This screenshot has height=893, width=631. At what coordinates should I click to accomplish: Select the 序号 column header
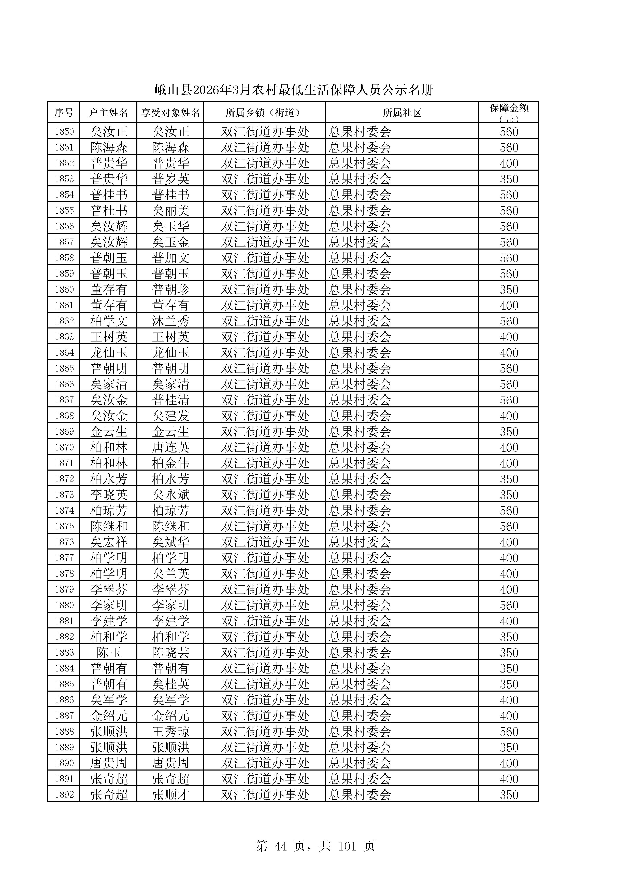(64, 113)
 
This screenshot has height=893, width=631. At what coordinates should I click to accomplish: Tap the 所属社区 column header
(402, 113)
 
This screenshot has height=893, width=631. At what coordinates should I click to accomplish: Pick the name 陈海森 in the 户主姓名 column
(109, 147)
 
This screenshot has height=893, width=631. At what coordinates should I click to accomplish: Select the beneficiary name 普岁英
(170, 179)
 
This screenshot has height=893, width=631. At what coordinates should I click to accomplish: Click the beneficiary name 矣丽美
(170, 210)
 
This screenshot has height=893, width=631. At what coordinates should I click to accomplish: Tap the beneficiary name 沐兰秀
(170, 321)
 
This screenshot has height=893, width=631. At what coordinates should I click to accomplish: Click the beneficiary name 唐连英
(170, 447)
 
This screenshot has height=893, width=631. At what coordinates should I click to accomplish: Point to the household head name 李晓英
(109, 495)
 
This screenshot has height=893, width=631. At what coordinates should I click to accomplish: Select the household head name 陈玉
(109, 653)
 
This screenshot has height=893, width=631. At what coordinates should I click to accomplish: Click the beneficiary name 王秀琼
(170, 732)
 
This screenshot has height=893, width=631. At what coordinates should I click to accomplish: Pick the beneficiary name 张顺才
(170, 795)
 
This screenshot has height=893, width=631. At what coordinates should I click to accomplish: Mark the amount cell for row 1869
(509, 432)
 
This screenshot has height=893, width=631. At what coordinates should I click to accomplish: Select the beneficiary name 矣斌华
(170, 542)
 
